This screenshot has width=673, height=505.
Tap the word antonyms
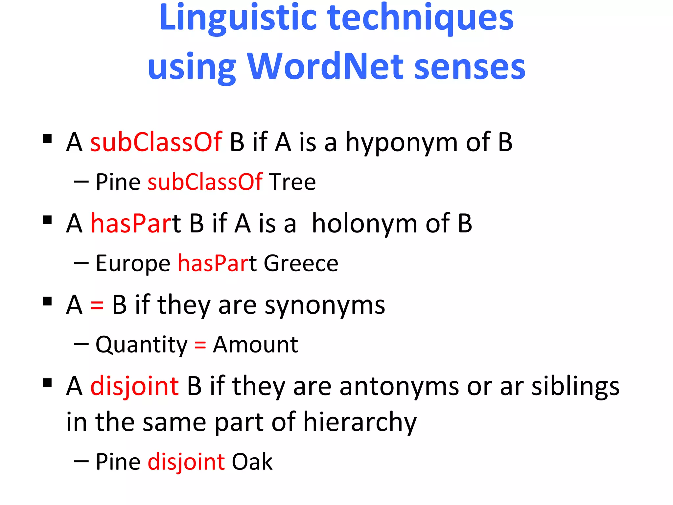click(x=399, y=387)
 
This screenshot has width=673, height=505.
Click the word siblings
click(x=575, y=387)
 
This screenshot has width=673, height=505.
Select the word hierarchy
click(x=360, y=423)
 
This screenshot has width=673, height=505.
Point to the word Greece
click(x=301, y=263)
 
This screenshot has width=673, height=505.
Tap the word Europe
click(x=133, y=264)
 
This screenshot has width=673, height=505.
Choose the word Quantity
click(x=141, y=345)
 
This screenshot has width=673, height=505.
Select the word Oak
click(x=252, y=462)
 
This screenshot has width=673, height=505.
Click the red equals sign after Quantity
click(x=200, y=345)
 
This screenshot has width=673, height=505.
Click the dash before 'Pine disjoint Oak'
click(x=81, y=462)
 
